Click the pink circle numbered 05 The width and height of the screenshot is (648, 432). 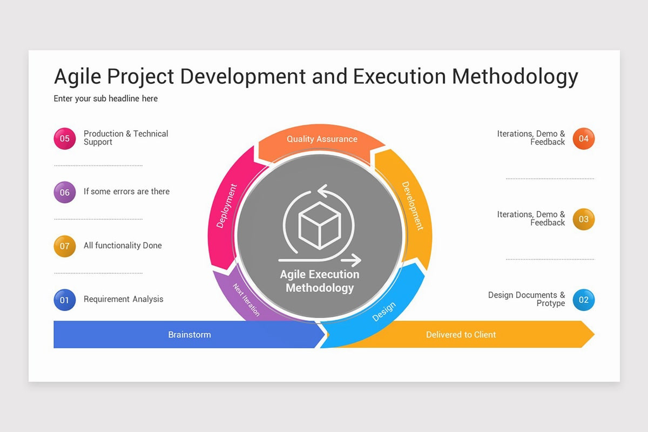[65, 138]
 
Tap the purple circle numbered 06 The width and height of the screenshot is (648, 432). [65, 192]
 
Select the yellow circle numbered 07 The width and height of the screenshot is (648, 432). [65, 246]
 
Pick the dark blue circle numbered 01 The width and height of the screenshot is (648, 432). [65, 300]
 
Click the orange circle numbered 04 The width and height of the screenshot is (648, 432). [583, 138]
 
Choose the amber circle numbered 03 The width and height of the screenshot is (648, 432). [583, 219]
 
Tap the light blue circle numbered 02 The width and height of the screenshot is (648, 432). [583, 300]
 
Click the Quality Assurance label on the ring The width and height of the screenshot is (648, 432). [322, 139]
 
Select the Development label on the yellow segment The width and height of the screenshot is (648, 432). [413, 206]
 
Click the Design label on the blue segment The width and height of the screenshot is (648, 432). [384, 312]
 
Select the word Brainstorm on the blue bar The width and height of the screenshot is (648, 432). [189, 335]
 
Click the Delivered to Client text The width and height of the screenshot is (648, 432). [461, 335]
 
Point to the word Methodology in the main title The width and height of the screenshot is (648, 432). [515, 77]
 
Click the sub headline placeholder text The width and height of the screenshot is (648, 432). [106, 98]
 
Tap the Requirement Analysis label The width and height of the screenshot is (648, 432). [123, 299]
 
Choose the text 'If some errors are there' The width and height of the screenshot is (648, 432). [126, 191]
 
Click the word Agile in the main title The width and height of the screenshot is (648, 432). [77, 77]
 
